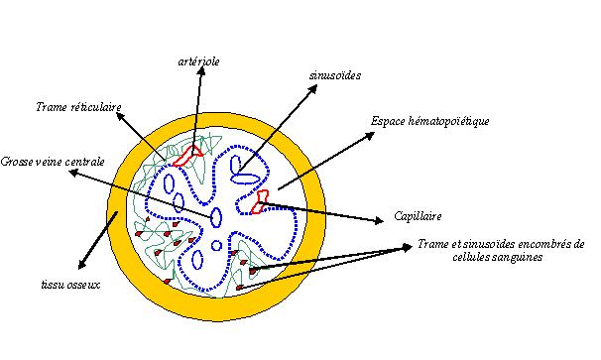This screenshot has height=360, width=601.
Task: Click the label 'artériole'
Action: (199, 61)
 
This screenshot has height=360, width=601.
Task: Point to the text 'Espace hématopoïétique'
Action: (430, 121)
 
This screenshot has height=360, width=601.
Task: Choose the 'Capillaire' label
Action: (416, 216)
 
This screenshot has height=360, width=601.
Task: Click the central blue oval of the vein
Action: (217, 216)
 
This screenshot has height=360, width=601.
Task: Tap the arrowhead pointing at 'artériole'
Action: (199, 74)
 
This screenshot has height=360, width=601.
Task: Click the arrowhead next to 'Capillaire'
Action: (379, 218)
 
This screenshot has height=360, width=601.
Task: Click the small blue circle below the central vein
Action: (217, 245)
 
